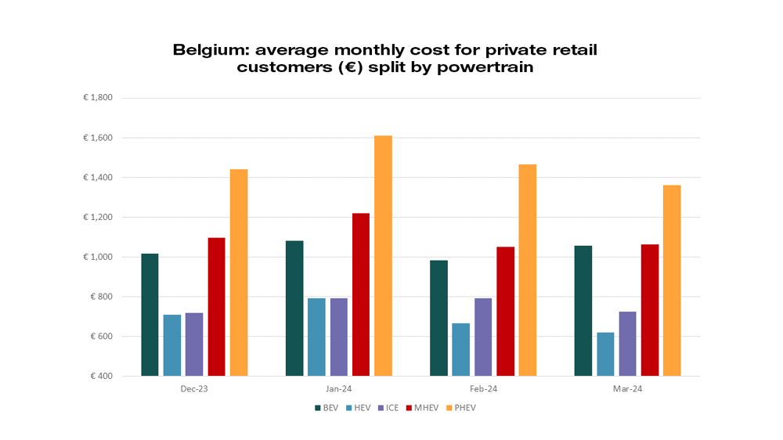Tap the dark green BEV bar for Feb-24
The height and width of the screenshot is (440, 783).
tap(438, 318)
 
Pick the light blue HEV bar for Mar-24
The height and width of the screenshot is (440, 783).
tap(605, 354)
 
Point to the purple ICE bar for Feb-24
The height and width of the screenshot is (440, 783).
tap(483, 337)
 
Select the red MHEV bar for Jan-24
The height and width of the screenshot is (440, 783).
tap(360, 294)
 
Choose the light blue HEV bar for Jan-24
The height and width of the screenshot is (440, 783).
tap(316, 337)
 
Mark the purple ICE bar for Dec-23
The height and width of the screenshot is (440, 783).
tap(194, 344)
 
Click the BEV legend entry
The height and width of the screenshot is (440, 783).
tap(327, 408)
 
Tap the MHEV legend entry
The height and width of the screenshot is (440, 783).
tap(425, 408)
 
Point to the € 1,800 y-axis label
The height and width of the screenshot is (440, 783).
tap(99, 98)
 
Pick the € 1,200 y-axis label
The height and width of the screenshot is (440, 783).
tap(99, 218)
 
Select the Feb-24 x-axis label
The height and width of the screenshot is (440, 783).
tap(483, 388)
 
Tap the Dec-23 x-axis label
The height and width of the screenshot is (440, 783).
tap(194, 388)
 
